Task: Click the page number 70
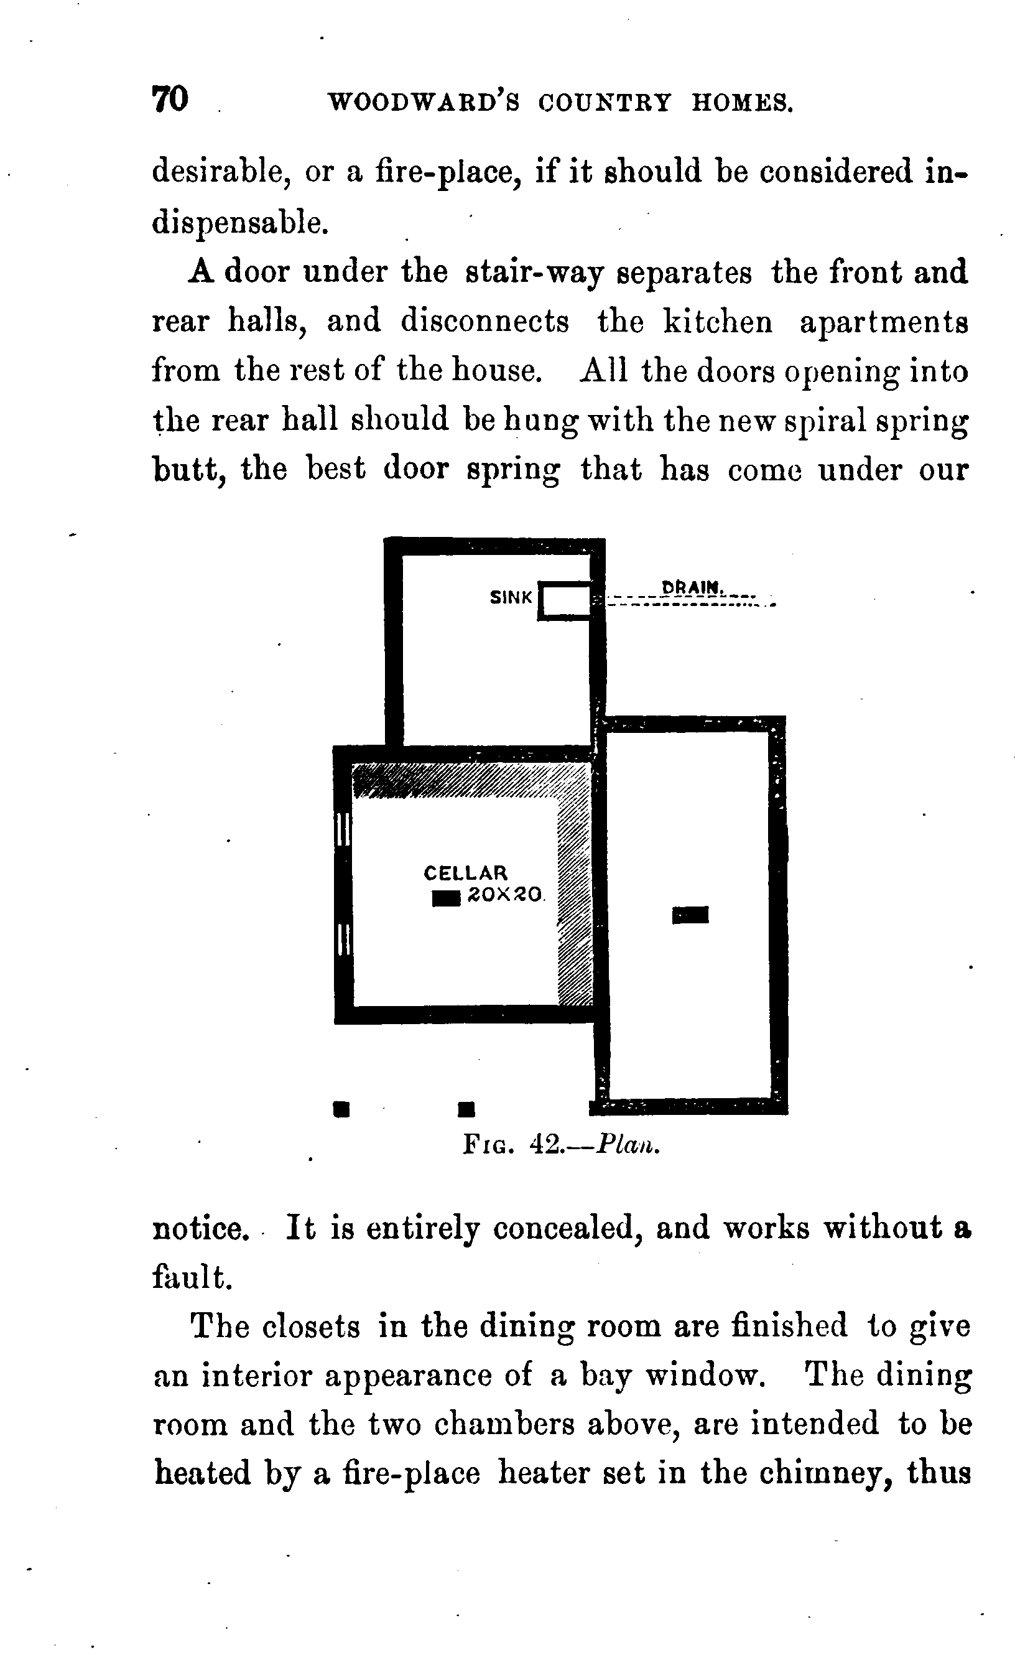170,100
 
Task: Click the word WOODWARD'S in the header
423,103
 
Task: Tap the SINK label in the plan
511,598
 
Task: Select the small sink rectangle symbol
565,600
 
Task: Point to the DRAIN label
692,587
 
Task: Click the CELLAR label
465,872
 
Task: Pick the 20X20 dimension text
504,895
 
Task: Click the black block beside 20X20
446,898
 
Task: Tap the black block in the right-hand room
690,915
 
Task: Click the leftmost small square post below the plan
341,1108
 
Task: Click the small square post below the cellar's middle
466,1109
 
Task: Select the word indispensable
240,223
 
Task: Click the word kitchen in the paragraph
718,321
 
